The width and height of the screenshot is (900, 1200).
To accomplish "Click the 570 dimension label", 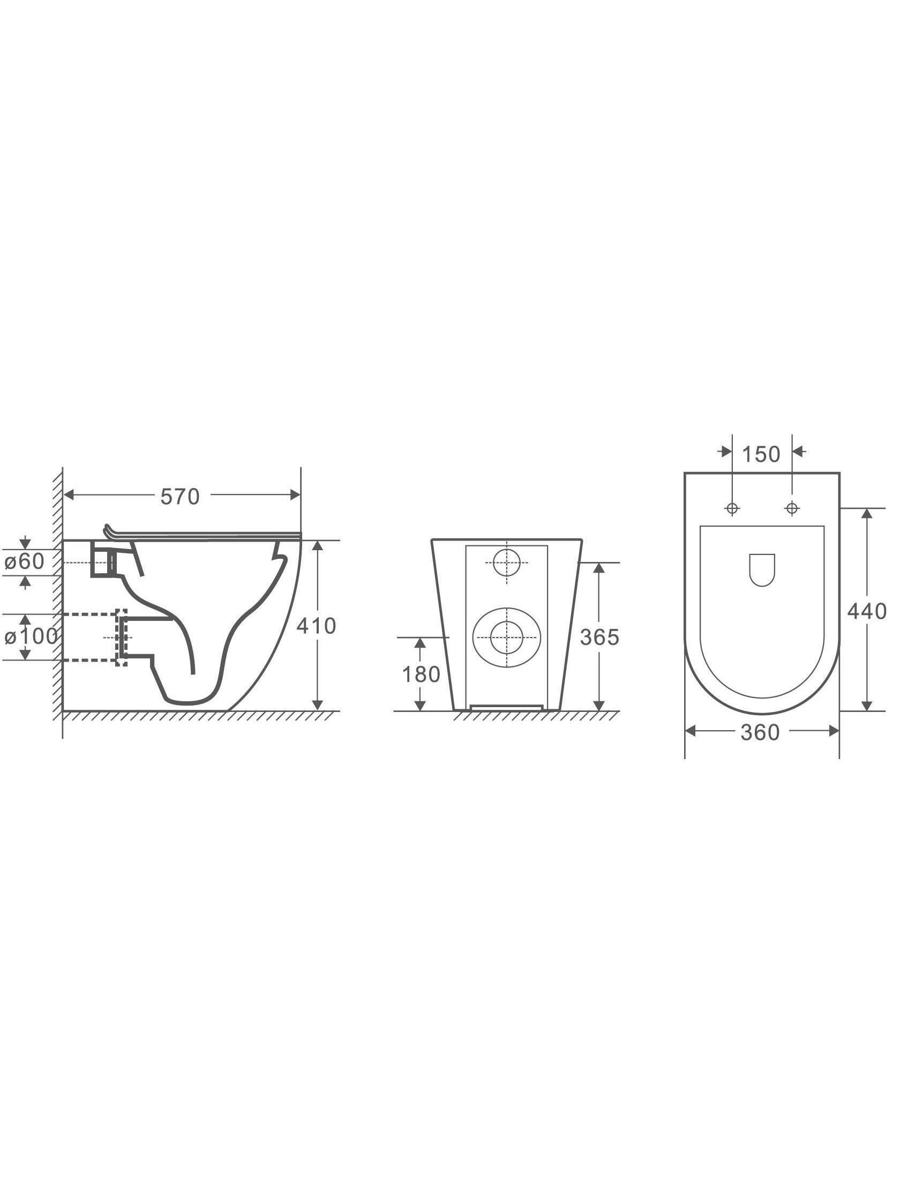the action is pos(180,497).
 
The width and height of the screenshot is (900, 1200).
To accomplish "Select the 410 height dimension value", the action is pos(316,626).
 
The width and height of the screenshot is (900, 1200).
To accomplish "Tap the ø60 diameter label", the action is pos(25,561).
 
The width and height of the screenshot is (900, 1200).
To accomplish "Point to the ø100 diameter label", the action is pos(31,636).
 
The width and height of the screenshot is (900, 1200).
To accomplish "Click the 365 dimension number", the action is pos(599,637).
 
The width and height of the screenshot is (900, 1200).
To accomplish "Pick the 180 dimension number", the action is pos(421,674).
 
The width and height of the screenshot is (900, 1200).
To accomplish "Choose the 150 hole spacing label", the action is pos(761,455).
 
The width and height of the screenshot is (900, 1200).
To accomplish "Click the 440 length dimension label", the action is pos(867,611).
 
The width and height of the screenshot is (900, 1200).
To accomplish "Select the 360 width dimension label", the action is pos(760,732).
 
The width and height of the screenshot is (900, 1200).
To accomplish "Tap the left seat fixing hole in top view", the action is pos(732,508).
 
